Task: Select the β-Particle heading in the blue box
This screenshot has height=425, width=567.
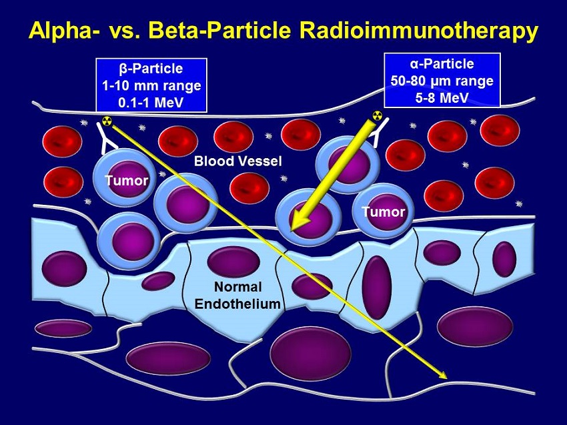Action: (x=151, y=69)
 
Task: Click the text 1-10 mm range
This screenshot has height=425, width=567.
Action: (x=151, y=85)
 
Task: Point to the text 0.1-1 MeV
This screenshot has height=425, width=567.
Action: (x=151, y=103)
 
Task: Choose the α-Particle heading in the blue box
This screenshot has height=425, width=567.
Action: (x=442, y=63)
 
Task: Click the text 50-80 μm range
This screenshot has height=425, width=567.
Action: (x=442, y=81)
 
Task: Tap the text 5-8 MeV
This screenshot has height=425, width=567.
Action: (x=442, y=97)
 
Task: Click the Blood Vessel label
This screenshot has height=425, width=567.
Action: (x=237, y=161)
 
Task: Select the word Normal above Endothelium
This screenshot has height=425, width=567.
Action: (x=237, y=287)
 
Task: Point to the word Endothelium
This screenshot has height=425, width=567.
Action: (x=237, y=304)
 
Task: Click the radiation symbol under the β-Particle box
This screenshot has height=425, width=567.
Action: (x=106, y=121)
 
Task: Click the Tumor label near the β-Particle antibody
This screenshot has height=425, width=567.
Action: (x=127, y=181)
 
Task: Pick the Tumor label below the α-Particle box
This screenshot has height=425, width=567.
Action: (x=384, y=211)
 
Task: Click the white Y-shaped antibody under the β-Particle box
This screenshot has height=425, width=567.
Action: (x=105, y=137)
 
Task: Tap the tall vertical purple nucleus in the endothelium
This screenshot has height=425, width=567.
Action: (x=377, y=288)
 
